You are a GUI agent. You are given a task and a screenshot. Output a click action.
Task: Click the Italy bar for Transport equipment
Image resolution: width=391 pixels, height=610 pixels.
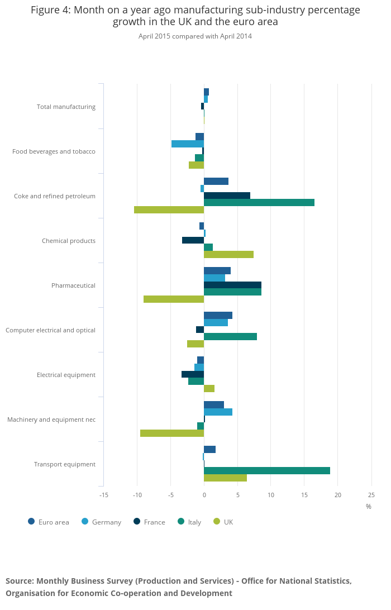click(267, 470)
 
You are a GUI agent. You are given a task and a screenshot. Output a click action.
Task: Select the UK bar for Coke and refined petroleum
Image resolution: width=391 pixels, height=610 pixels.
click(169, 210)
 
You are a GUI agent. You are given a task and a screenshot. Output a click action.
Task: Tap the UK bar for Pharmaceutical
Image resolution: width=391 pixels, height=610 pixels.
click(174, 299)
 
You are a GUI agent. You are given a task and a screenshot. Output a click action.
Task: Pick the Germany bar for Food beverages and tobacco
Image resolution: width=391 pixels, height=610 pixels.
click(188, 144)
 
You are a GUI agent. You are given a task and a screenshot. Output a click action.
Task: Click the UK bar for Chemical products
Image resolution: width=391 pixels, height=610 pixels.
click(228, 254)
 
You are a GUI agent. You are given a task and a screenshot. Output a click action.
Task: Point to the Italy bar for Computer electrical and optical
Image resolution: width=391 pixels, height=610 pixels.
click(230, 336)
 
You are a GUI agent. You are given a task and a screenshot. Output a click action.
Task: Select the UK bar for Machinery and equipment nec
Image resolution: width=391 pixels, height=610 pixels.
click(172, 433)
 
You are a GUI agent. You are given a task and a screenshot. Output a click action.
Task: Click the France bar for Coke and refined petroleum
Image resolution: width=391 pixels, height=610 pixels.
click(227, 196)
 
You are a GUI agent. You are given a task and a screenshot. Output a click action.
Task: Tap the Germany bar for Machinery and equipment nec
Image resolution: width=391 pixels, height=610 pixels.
click(218, 412)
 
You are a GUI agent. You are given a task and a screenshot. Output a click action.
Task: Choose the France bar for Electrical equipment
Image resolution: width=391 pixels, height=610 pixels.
click(193, 374)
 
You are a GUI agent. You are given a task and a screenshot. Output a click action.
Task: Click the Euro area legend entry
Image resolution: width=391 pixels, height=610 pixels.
click(49, 522)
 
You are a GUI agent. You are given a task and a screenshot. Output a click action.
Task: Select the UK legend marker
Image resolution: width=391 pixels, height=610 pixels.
click(217, 522)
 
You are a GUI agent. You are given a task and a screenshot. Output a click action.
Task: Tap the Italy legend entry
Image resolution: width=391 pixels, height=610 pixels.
click(189, 522)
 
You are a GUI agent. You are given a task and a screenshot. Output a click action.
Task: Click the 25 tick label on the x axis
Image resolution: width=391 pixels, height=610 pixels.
click(371, 495)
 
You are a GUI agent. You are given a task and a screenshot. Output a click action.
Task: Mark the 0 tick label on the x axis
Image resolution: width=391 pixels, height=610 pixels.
click(204, 495)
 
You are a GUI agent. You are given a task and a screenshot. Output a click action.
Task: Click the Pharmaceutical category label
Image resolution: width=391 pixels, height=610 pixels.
click(73, 285)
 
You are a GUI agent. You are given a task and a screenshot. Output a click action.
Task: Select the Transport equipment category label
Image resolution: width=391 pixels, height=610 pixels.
click(65, 464)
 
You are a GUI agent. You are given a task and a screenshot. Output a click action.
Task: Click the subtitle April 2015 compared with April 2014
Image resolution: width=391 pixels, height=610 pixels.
click(195, 36)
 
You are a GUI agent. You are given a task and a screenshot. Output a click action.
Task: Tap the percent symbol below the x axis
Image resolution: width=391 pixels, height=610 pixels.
click(369, 507)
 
